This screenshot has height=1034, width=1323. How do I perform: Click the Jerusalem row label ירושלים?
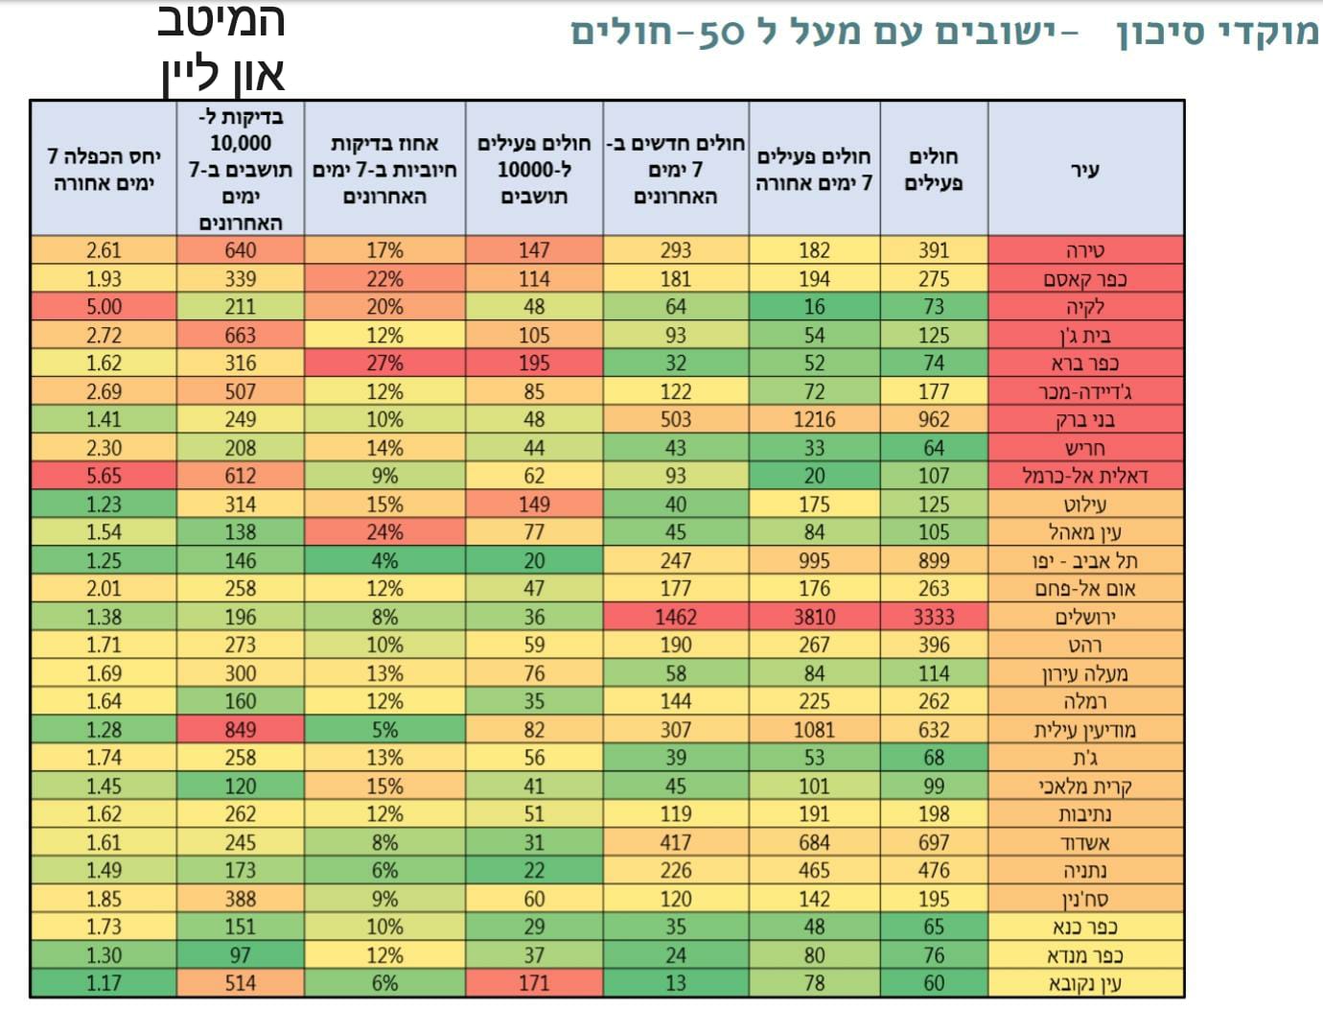coord(1084,617)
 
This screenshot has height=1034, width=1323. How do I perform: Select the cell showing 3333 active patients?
coord(933,617)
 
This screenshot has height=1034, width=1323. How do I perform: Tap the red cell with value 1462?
coord(675,617)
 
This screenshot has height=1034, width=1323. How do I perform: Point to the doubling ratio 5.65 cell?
coord(104,476)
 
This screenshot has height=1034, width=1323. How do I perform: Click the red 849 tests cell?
coord(240,730)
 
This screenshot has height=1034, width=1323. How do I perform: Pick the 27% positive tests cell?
coord(384,364)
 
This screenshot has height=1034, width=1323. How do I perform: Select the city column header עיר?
coord(1084,170)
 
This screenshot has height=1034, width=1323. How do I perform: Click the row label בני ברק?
coord(1084,420)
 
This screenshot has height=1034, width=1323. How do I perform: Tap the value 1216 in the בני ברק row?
coord(814,420)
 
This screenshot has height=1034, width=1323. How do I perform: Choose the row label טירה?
coord(1084,251)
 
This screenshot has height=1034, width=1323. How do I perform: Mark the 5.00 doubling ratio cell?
coord(104,307)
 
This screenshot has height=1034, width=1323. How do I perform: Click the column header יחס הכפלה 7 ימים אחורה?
coord(104,170)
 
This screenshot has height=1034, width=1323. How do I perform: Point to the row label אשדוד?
coord(1084,843)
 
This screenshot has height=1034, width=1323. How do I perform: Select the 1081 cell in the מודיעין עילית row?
coord(814,730)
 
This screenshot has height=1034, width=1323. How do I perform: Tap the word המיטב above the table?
coord(220,21)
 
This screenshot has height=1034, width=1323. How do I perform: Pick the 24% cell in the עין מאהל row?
coord(384,532)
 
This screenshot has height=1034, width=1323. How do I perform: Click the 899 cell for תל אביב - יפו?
coord(933,561)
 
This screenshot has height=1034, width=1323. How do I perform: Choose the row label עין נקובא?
coord(1084,984)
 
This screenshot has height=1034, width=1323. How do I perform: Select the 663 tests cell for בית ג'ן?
coord(240,336)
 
